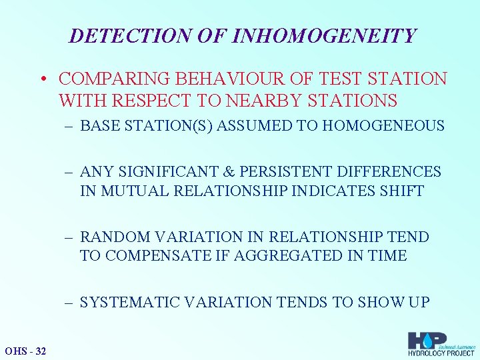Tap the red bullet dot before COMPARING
tap(42, 79)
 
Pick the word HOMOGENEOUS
tap(385, 126)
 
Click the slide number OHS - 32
tap(25, 351)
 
